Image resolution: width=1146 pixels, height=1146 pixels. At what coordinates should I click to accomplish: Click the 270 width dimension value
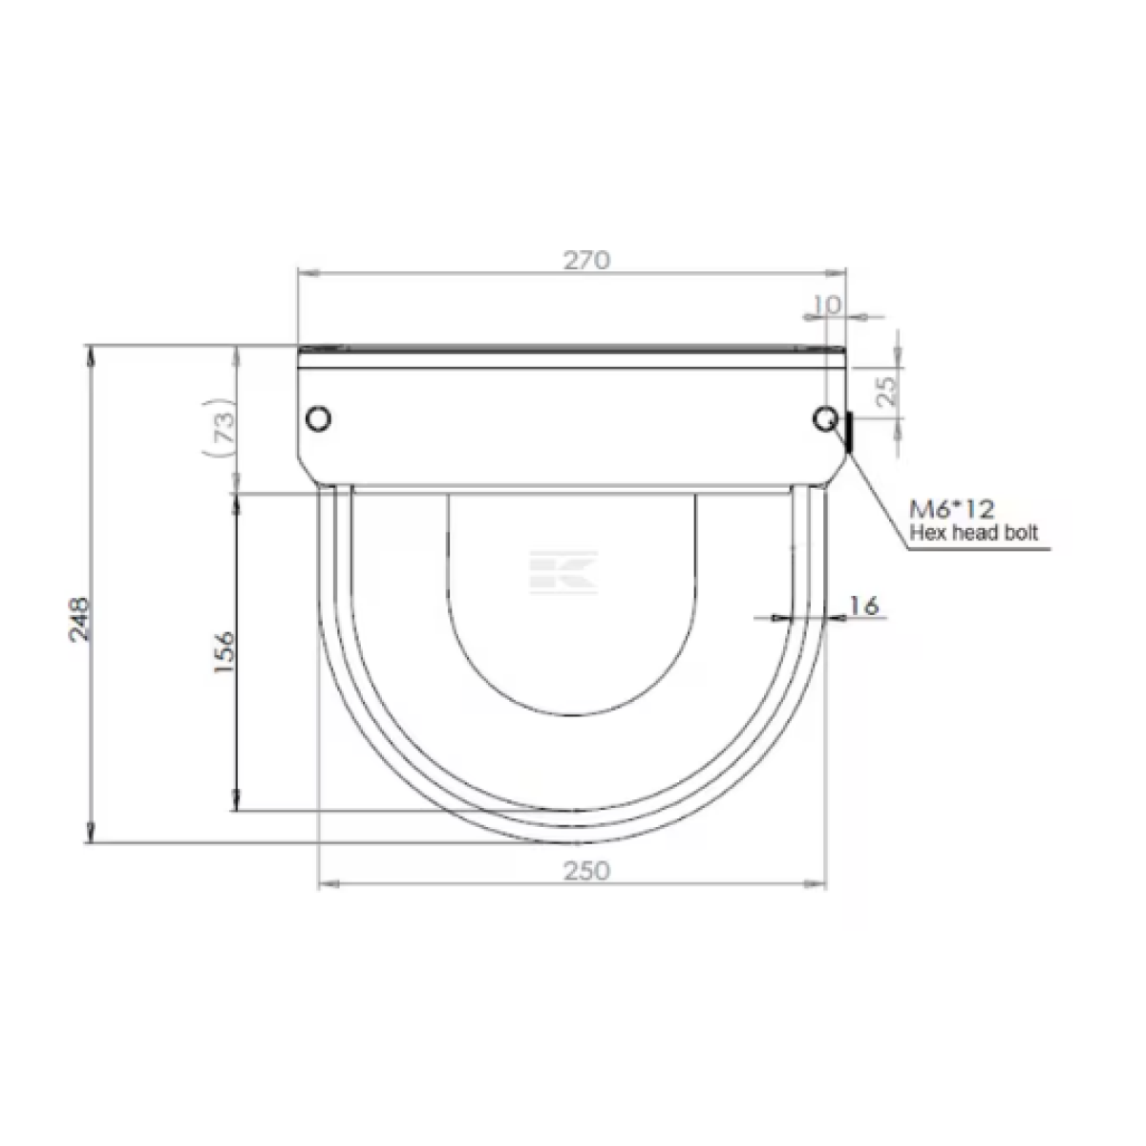pyautogui.click(x=586, y=260)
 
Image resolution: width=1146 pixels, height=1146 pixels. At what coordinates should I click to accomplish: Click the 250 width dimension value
pyautogui.click(x=586, y=871)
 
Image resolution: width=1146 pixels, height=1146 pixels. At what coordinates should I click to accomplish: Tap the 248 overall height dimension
pyautogui.click(x=79, y=619)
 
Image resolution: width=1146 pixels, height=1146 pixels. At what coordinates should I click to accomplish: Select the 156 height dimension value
pyautogui.click(x=225, y=652)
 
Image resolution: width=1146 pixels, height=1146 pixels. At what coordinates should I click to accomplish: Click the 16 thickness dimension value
pyautogui.click(x=863, y=605)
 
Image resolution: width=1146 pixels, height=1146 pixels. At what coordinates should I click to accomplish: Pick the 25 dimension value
pyautogui.click(x=886, y=391)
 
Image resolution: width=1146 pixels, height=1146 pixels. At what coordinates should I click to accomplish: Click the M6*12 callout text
pyautogui.click(x=951, y=508)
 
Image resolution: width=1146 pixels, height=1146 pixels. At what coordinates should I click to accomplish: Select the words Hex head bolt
pyautogui.click(x=973, y=532)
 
